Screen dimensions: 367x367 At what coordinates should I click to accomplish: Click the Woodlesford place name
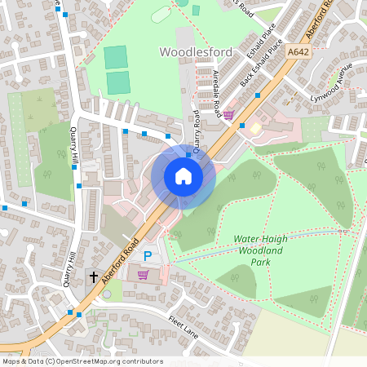click(195, 52)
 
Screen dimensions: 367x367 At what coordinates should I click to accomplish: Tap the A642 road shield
click(298, 51)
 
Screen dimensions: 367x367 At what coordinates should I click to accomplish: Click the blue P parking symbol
click(148, 256)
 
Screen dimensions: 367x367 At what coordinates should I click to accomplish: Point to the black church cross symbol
click(94, 277)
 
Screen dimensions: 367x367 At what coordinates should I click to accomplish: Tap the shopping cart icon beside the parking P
click(144, 275)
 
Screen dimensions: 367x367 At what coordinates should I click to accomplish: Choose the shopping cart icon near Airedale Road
click(229, 115)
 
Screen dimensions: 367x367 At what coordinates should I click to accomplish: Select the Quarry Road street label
click(197, 129)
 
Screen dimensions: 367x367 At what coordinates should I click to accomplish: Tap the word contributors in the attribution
click(144, 361)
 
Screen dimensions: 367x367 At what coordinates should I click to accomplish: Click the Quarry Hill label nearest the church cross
click(69, 270)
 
